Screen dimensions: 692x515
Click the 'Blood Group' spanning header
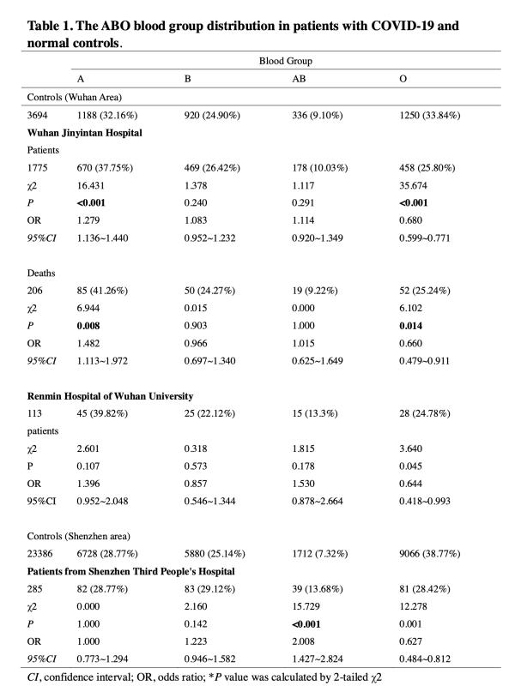coord(286,62)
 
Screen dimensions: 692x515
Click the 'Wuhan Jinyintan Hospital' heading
coord(85,132)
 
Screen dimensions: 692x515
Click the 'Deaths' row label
coord(42,273)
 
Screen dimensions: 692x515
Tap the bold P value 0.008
coord(89,325)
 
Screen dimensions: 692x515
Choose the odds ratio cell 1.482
coord(89,343)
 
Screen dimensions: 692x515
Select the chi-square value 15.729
coord(307,606)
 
